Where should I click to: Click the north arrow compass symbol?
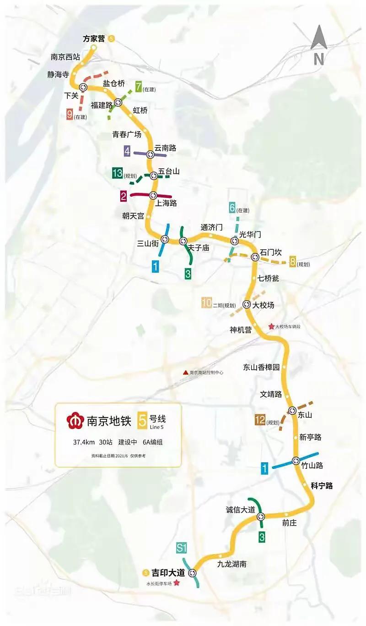319,44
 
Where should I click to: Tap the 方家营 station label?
94,38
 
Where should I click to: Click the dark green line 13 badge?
117,173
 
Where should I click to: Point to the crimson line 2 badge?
123,197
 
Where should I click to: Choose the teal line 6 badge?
232,208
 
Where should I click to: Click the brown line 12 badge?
260,419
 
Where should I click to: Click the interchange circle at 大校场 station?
247,304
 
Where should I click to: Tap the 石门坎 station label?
270,252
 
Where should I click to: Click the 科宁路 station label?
322,486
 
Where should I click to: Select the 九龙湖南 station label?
232,564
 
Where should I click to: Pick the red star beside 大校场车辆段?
271,327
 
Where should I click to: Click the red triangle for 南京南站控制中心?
185,373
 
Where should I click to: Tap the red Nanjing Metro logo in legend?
74,421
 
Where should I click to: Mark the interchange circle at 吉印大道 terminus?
192,572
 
